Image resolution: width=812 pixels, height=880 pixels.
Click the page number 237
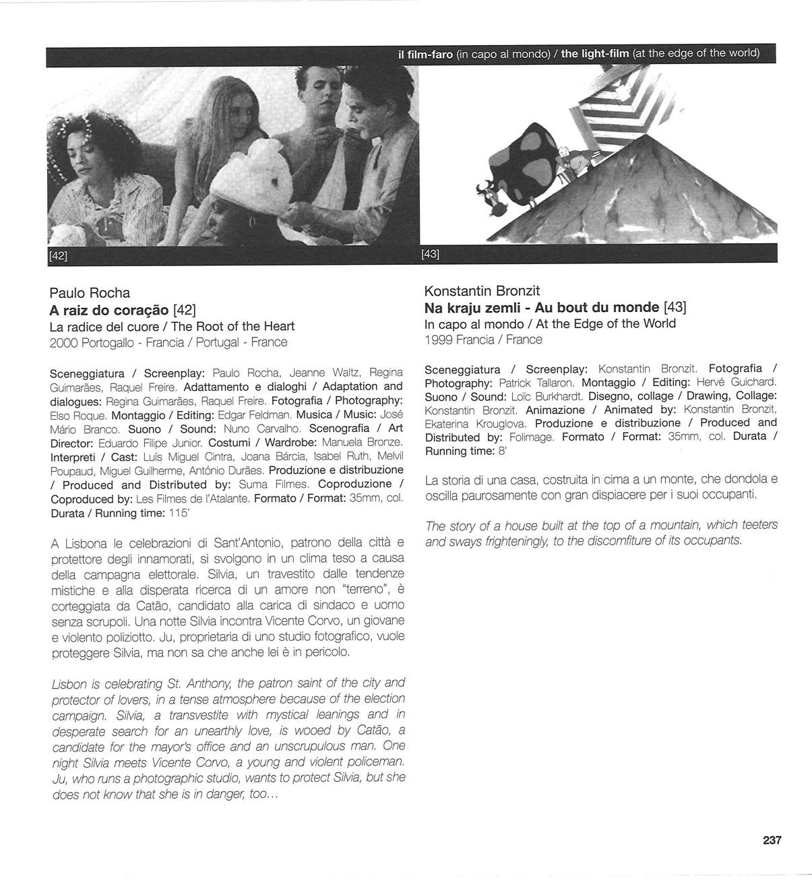pos(772,840)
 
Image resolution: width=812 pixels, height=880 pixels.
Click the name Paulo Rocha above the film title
pos(90,293)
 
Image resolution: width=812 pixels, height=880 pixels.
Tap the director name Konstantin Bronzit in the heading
pos(482,291)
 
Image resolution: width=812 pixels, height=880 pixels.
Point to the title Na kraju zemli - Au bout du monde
pos(542,307)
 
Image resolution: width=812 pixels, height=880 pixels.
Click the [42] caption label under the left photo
pos(59,255)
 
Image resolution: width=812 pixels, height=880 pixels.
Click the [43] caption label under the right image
pos(430,254)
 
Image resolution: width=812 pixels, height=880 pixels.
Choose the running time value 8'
pos(502,451)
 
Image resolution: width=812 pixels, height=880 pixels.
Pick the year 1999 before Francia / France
pos(438,340)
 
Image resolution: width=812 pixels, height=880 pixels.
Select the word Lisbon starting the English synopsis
pos(68,683)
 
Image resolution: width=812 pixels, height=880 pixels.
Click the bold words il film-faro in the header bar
pos(425,54)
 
